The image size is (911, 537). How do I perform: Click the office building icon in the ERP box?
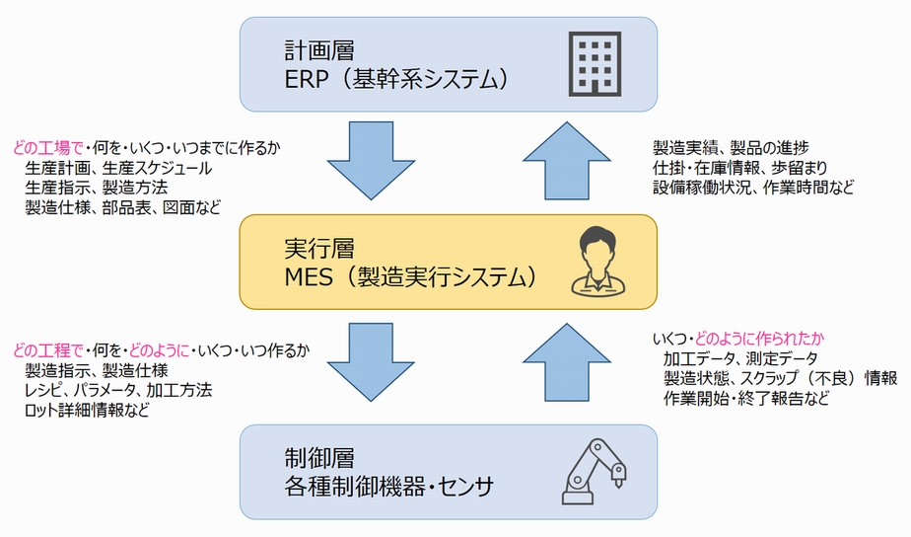point(595,64)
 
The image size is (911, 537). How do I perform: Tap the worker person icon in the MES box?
point(598,262)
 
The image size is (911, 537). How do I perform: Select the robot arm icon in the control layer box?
point(594,471)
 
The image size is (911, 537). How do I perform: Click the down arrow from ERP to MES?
point(372,161)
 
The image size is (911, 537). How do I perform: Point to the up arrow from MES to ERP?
point(567,161)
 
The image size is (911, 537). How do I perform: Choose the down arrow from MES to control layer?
point(372,362)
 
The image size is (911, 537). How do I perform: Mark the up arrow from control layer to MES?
point(567,362)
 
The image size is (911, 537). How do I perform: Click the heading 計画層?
point(319,50)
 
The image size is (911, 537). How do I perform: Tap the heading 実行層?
point(319,249)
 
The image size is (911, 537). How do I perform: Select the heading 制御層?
point(319,458)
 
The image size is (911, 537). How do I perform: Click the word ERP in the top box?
point(307,79)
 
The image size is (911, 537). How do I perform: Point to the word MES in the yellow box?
point(309,277)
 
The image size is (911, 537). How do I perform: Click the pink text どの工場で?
point(47,148)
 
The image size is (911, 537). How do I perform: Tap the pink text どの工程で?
point(47,350)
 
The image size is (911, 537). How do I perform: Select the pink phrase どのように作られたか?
point(759,339)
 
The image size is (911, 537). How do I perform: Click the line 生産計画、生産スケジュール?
point(118,168)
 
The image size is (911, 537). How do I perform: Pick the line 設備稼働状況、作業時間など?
point(753,188)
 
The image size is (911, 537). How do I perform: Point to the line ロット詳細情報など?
point(87,410)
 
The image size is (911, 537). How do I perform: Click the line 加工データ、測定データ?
point(740,358)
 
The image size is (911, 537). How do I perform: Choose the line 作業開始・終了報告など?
point(746,399)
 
